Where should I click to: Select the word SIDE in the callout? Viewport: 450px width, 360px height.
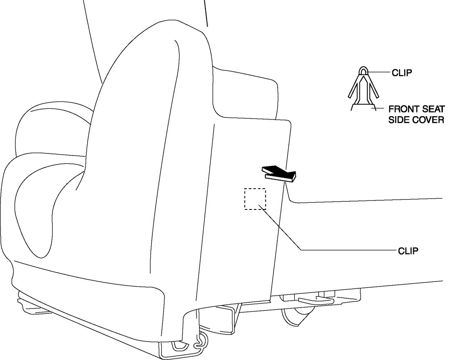tap(398, 121)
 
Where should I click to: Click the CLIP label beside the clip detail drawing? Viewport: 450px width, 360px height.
tap(402, 73)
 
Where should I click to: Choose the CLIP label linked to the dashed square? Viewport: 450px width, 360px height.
tap(408, 251)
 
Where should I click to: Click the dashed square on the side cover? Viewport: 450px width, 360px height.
tap(255, 199)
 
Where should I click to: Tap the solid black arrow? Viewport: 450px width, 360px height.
tap(278, 173)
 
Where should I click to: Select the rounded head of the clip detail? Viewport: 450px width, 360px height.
tap(363, 71)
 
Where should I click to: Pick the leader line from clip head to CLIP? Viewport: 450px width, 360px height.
tap(379, 72)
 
